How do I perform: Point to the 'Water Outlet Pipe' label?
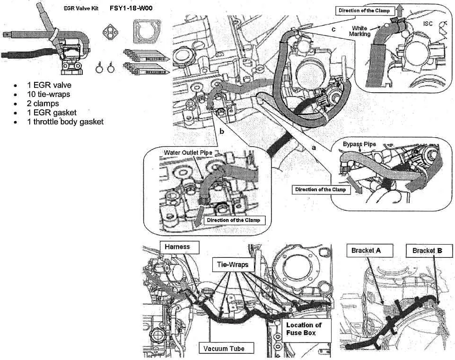(x=188, y=153)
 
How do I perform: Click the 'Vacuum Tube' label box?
(x=225, y=349)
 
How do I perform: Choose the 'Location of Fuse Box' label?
(x=304, y=329)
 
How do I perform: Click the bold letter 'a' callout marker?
(x=312, y=148)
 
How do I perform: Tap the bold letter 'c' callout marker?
(x=333, y=28)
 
